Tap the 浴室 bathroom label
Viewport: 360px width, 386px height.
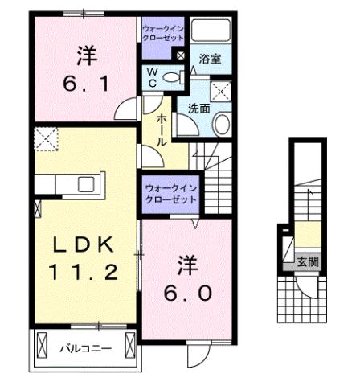tap(211, 60)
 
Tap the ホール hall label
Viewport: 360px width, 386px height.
tap(162, 129)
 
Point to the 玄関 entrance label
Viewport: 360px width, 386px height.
tap(306, 261)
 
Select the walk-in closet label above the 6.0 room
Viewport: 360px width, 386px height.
tap(171, 193)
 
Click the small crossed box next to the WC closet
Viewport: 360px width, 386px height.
tap(181, 57)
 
